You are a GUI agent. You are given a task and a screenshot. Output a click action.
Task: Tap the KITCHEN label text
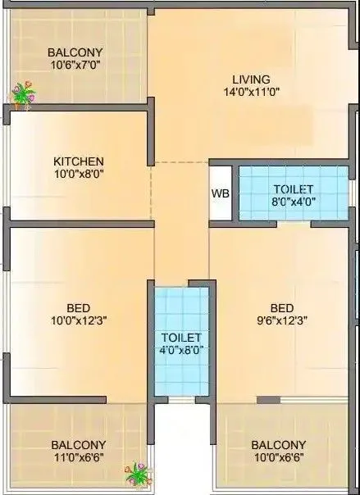pyautogui.click(x=79, y=161)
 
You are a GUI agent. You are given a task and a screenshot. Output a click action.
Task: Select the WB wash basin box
pyautogui.click(x=221, y=193)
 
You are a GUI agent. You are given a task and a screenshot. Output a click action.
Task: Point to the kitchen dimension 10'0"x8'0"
pyautogui.click(x=79, y=174)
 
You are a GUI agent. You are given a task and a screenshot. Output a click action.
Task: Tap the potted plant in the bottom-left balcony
pyautogui.click(x=135, y=474)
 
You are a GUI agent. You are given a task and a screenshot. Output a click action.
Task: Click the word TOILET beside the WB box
pyautogui.click(x=293, y=188)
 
